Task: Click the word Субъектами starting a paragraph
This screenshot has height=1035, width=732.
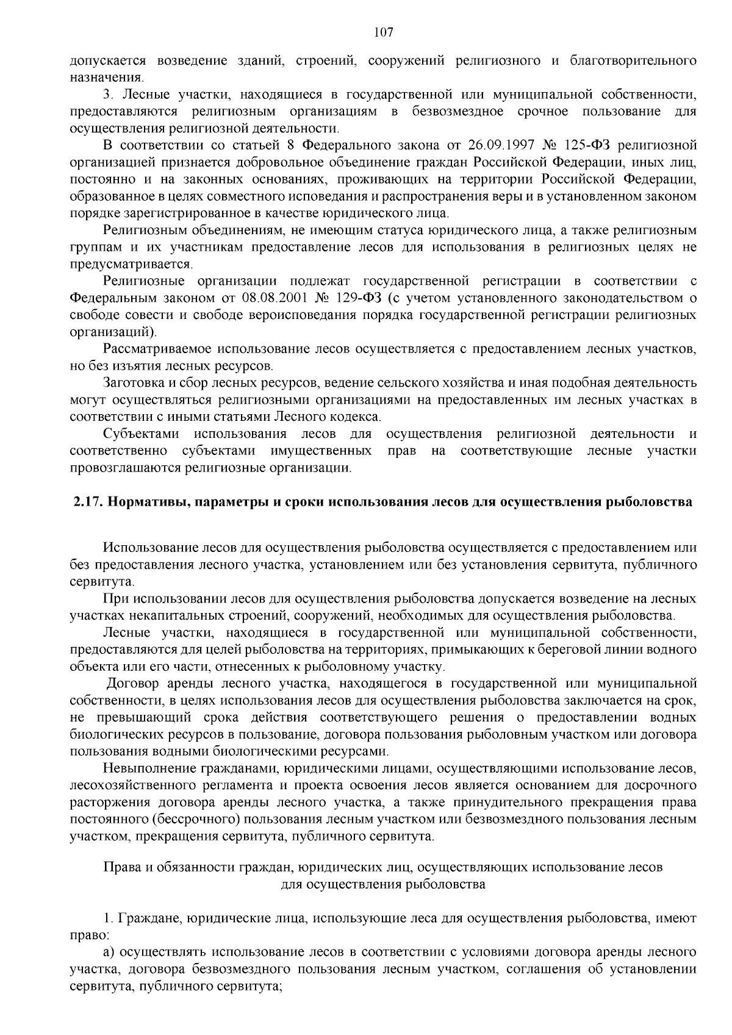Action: coord(141,434)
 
